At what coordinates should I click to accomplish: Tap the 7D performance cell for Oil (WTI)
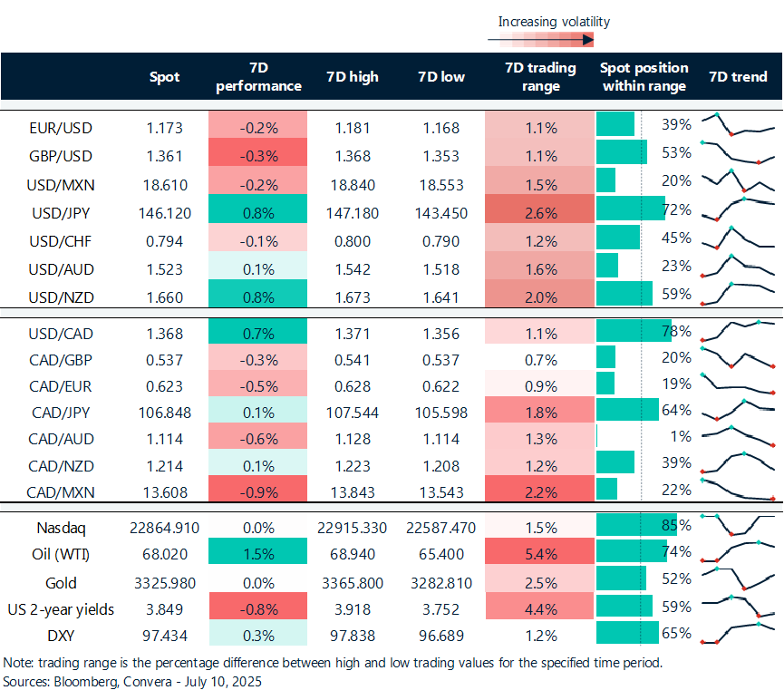pyautogui.click(x=257, y=552)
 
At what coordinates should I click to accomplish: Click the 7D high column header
pyautogui.click(x=352, y=77)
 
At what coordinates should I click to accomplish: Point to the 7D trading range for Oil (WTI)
pyautogui.click(x=540, y=552)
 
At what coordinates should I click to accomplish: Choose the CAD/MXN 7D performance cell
pyautogui.click(x=257, y=492)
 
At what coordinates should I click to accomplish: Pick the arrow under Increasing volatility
pyautogui.click(x=540, y=39)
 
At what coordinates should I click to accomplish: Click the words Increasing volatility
pyautogui.click(x=554, y=21)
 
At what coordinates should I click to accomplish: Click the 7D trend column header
pyautogui.click(x=737, y=77)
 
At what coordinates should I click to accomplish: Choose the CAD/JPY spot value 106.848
pyautogui.click(x=165, y=412)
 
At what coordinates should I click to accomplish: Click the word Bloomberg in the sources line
pyautogui.click(x=77, y=680)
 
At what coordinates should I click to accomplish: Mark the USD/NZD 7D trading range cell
pyautogui.click(x=540, y=295)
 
